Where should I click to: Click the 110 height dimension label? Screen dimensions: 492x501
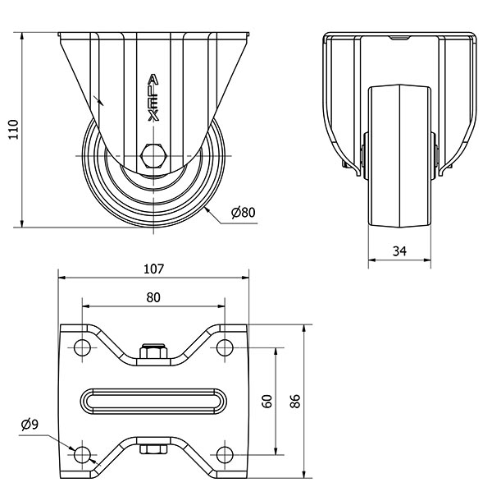click(x=13, y=130)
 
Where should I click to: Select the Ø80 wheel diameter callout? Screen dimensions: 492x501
click(x=244, y=212)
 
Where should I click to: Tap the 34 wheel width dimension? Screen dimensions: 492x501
click(x=399, y=251)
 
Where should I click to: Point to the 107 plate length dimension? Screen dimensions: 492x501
click(x=153, y=269)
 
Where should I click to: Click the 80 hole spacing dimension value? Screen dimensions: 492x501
click(x=153, y=297)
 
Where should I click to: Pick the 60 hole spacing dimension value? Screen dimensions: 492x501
click(x=267, y=401)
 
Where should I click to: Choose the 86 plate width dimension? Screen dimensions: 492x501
click(x=295, y=401)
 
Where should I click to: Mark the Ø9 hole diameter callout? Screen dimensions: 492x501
click(x=30, y=425)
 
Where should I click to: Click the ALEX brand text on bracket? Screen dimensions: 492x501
click(x=153, y=98)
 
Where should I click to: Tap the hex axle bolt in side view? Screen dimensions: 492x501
click(x=154, y=155)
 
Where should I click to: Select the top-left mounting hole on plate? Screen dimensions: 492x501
click(x=82, y=347)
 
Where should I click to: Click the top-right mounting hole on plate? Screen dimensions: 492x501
click(x=225, y=347)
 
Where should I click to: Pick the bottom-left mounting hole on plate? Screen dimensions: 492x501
click(x=82, y=455)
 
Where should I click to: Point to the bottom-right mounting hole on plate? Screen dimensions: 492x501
click(x=225, y=455)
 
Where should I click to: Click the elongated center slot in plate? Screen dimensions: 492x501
click(x=153, y=402)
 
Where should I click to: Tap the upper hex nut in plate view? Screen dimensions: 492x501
click(x=153, y=352)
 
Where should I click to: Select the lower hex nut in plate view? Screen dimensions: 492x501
click(x=153, y=449)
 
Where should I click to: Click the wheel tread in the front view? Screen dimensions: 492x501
click(x=399, y=156)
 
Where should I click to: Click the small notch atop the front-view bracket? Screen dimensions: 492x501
click(x=399, y=38)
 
